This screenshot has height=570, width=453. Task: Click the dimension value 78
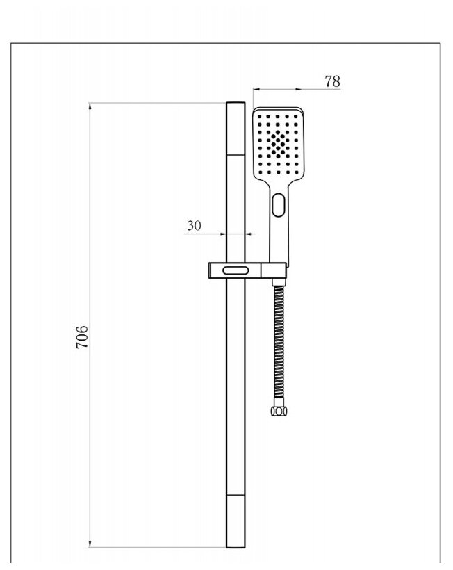pyautogui.click(x=332, y=81)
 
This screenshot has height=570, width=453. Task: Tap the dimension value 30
pyautogui.click(x=194, y=225)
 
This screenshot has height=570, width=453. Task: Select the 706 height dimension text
pyautogui.click(x=81, y=337)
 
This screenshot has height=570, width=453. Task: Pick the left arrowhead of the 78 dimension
pyautogui.click(x=256, y=90)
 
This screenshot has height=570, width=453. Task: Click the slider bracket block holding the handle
pyautogui.click(x=247, y=270)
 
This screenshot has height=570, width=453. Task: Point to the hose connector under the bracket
pyautogui.click(x=279, y=282)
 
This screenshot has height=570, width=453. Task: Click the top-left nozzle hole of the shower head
pyautogui.click(x=258, y=116)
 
